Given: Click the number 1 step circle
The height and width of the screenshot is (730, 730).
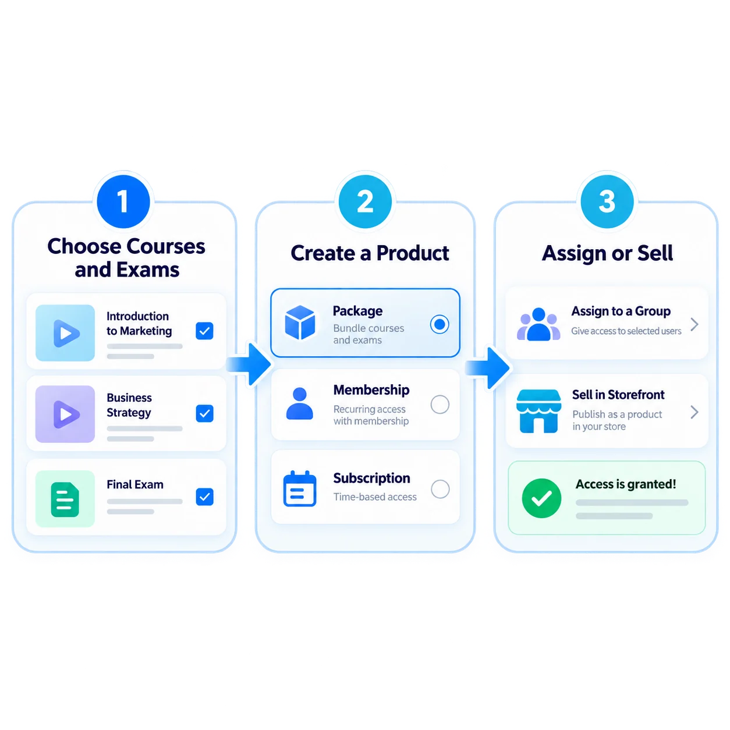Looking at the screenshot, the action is coord(123,201).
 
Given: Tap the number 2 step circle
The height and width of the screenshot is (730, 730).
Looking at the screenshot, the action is coord(365,201).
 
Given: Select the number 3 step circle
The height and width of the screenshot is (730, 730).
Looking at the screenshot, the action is coord(607,201).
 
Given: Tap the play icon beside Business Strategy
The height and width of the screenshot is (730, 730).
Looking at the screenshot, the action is coord(66,414).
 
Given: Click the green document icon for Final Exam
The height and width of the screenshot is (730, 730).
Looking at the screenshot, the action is coord(65,499).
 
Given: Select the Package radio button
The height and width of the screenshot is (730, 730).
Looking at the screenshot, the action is coord(439,324).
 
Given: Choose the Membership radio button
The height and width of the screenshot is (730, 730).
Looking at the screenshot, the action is coord(440,404).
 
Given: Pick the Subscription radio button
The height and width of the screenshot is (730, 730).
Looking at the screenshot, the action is coord(440,488).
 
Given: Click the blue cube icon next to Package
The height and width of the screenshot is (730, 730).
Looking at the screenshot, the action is coord(299,322).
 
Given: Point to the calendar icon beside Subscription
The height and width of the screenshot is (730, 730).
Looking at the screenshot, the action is coord(299,488).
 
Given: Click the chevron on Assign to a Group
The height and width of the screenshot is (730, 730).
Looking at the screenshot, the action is coord(694,324).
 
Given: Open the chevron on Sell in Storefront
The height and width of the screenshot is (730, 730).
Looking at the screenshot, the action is coord(694,412).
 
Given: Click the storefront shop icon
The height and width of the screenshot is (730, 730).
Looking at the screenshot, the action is coord(538,410).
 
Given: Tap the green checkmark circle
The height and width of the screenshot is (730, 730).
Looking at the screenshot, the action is coord(541,498).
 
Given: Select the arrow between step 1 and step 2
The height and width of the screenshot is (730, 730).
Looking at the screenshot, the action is coord(249,364).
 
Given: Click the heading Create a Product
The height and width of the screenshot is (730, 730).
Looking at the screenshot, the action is coord(369,253).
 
